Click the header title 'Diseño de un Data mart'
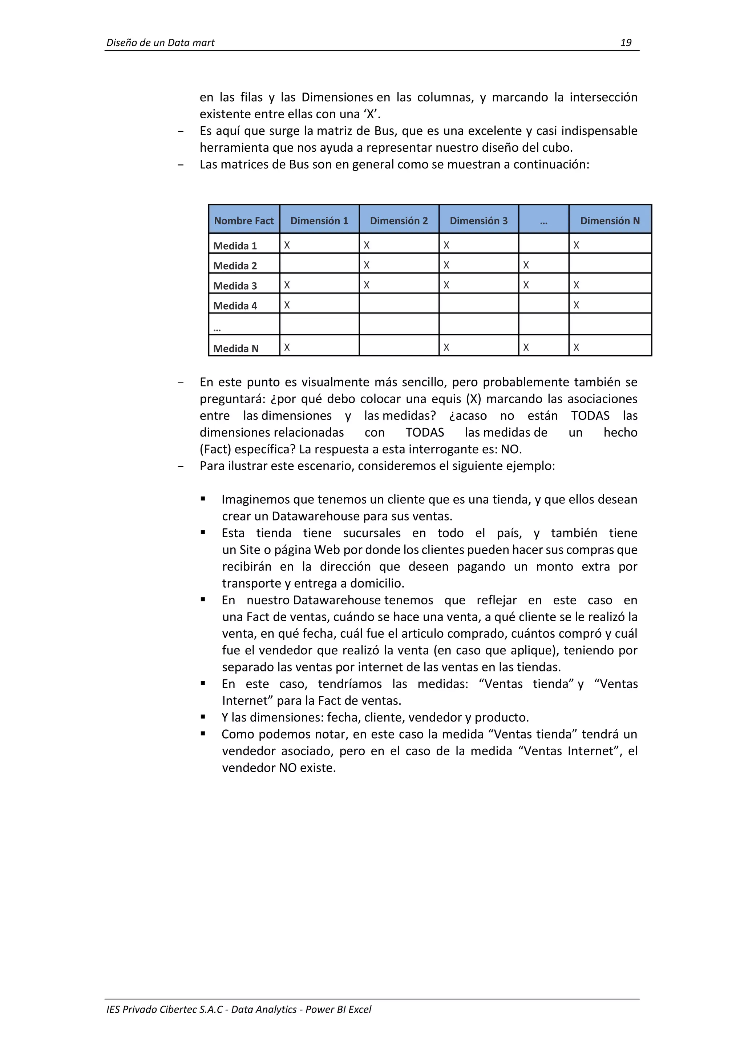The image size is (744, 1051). pyautogui.click(x=160, y=42)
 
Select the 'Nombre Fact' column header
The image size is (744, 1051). pyautogui.click(x=244, y=221)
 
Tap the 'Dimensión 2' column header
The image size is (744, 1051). pyautogui.click(x=399, y=221)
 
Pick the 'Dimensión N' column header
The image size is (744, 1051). pyautogui.click(x=610, y=221)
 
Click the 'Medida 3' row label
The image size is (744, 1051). pyautogui.click(x=235, y=286)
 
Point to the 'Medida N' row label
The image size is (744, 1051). pyautogui.click(x=236, y=348)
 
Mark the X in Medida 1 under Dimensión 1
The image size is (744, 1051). pyautogui.click(x=287, y=245)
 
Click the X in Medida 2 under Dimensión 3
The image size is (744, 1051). pyautogui.click(x=446, y=265)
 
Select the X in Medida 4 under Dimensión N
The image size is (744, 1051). pyautogui.click(x=576, y=305)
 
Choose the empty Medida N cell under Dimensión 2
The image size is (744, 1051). pyautogui.click(x=399, y=345)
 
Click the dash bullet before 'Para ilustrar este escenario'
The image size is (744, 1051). pyautogui.click(x=181, y=466)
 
